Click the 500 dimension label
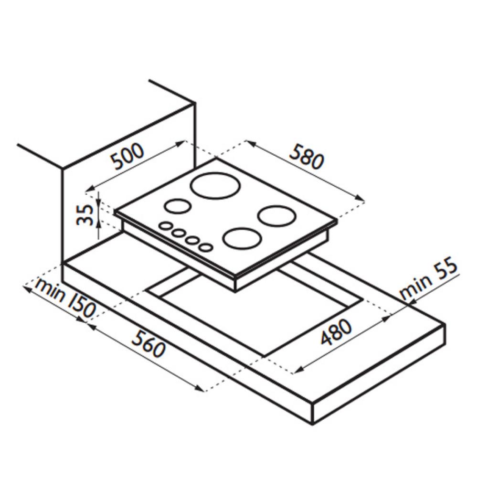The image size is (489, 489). (128, 157)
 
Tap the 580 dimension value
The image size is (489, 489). (307, 157)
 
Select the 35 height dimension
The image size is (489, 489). (85, 215)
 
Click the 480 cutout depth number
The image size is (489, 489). (336, 332)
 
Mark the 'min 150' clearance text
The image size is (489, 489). (64, 298)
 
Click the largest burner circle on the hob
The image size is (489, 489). (215, 185)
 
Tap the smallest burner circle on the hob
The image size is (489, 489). (178, 206)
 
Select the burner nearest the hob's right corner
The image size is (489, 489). (276, 216)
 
